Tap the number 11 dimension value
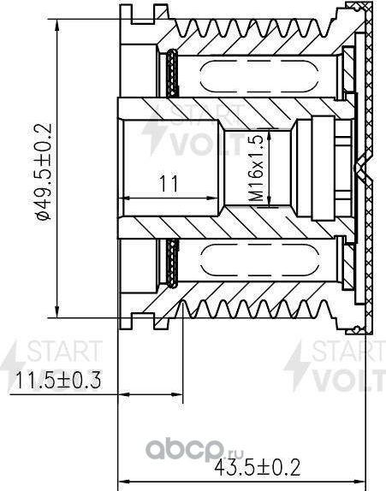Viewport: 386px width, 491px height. point(168,181)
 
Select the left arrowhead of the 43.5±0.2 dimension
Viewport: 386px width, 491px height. point(121,480)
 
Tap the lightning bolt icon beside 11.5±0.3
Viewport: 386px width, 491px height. point(11,364)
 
